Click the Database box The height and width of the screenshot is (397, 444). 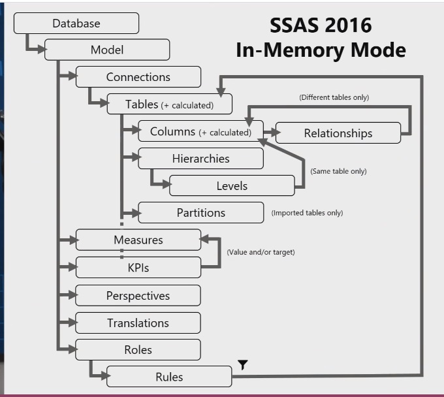76,24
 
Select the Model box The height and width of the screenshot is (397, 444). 107,50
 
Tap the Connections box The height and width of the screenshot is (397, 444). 138,77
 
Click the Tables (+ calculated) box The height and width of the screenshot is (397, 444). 169,104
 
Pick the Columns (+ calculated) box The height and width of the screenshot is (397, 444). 200,131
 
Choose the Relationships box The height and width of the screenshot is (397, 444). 338,133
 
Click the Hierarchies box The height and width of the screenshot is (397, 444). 200,159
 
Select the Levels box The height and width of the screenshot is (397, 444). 232,186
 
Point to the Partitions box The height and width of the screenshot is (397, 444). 200,213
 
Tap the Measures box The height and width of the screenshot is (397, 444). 138,240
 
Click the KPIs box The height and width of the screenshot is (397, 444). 138,268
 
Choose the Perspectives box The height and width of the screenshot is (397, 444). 138,296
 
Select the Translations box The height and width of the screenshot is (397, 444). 138,323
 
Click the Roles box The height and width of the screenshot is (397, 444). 138,350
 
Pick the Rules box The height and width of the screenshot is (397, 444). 169,377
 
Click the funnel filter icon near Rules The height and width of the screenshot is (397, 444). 242,365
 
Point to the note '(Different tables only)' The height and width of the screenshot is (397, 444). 334,97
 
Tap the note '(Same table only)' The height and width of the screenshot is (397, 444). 338,172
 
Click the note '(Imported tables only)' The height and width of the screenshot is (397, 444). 307,213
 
